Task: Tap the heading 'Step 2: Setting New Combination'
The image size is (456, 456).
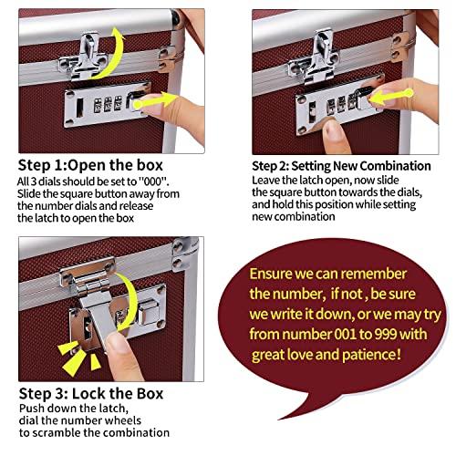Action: pyautogui.click(x=341, y=165)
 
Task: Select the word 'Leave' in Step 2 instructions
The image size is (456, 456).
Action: pyautogui.click(x=267, y=180)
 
